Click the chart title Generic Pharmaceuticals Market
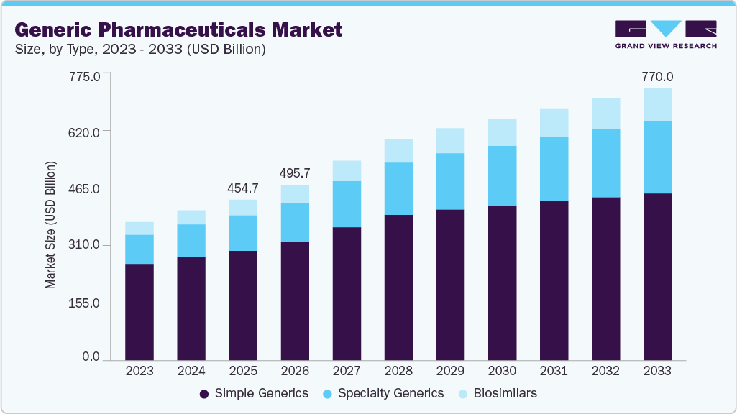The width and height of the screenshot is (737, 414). coord(178,29)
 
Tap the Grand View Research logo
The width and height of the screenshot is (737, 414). coord(666,34)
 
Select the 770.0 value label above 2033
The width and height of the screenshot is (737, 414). coord(657,77)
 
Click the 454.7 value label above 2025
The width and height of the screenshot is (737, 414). coord(243,188)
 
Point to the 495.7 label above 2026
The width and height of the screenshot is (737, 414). coord(295,173)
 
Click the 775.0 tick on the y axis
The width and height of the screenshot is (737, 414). coord(85,74)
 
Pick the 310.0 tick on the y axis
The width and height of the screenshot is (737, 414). coord(85,246)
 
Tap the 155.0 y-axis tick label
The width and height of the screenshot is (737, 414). coord(85,303)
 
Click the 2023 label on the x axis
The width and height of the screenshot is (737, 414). coord(139,372)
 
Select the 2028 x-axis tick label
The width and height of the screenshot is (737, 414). coord(398,372)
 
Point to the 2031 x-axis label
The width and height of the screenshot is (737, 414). coord(554,372)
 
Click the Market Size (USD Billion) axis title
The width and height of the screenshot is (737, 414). coord(50,224)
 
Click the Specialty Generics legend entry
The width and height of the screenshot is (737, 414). coord(382,393)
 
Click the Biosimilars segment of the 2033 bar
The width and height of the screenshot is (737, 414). coord(657,105)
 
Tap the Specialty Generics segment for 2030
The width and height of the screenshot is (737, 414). coord(502,175)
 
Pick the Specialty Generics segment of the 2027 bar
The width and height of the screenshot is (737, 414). coord(347,204)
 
